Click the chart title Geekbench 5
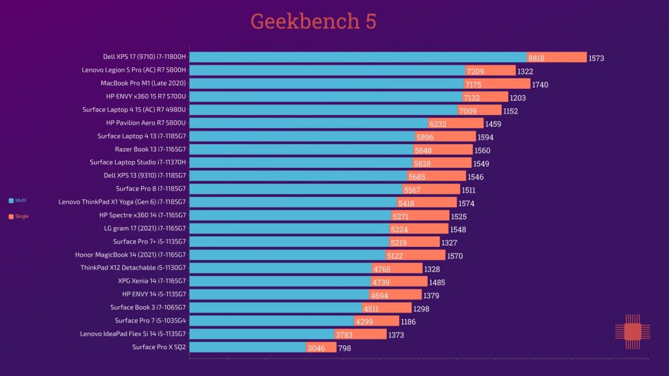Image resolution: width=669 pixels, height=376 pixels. (313, 22)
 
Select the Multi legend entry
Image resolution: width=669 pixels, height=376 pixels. (17, 200)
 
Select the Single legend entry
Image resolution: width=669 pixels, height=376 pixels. (18, 216)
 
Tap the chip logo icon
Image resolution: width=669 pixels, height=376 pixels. (632, 332)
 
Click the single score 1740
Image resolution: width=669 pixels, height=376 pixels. (540, 85)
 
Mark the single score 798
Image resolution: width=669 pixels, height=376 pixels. (345, 349)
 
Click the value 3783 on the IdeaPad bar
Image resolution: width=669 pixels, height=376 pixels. (344, 335)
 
